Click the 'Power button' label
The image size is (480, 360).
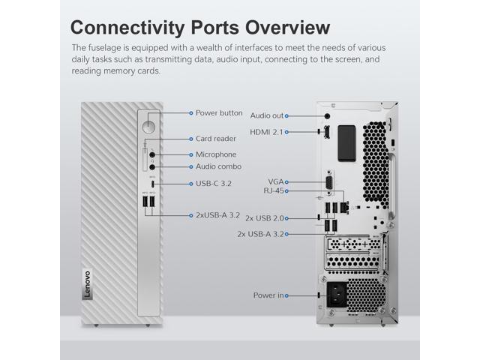pos(218,112)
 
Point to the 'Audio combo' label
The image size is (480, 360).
pos(218,166)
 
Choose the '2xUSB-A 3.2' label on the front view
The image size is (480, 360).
pos(217,215)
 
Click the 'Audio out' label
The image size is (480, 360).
pos(267,115)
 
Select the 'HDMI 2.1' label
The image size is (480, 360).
pos(268,133)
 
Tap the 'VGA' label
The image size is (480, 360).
pos(276,182)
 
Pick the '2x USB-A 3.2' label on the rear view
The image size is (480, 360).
pos(261,233)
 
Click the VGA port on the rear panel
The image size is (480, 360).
pos(328,182)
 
